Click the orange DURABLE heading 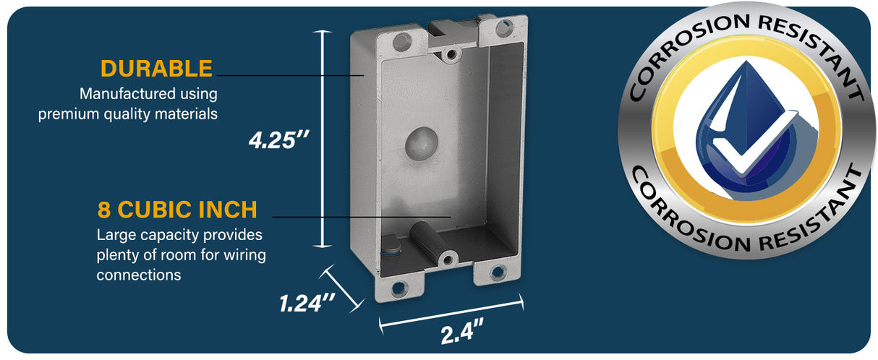click(156, 69)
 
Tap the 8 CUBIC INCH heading click(177, 210)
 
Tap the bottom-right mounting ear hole click(498, 272)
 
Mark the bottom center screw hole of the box click(449, 257)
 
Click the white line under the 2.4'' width click(451, 314)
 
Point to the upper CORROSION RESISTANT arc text click(745, 43)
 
